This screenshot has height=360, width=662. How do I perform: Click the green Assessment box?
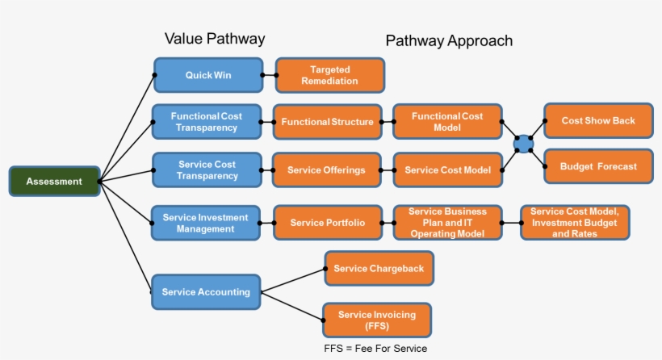coord(54,182)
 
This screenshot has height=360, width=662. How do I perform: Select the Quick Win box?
coord(208,75)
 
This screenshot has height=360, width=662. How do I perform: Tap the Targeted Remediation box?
coord(329,76)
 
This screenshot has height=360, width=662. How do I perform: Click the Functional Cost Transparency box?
coord(207,122)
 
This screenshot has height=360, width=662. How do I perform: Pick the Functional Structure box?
coord(327,123)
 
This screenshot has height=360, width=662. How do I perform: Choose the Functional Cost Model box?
coord(447,122)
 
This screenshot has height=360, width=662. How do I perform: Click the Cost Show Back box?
coord(598,121)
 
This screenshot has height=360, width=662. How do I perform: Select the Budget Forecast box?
coord(598,166)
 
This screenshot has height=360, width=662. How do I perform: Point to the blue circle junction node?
coord(524,144)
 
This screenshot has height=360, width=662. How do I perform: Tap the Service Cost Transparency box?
coord(207,170)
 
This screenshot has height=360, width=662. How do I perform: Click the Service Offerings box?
coord(326,170)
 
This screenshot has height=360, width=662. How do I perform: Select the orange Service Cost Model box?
coord(447,170)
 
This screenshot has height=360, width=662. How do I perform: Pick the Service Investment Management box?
coord(206,223)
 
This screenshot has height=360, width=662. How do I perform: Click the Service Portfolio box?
coord(327,223)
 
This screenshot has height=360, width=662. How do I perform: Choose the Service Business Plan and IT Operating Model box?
coord(447,223)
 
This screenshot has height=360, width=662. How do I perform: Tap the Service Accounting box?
coord(206,291)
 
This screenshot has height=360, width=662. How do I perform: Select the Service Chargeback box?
coord(379,269)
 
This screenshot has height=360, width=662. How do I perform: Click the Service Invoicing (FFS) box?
coord(376,320)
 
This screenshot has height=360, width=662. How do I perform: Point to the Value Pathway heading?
coord(215,39)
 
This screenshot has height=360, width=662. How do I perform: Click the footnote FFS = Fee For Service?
coord(375,349)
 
